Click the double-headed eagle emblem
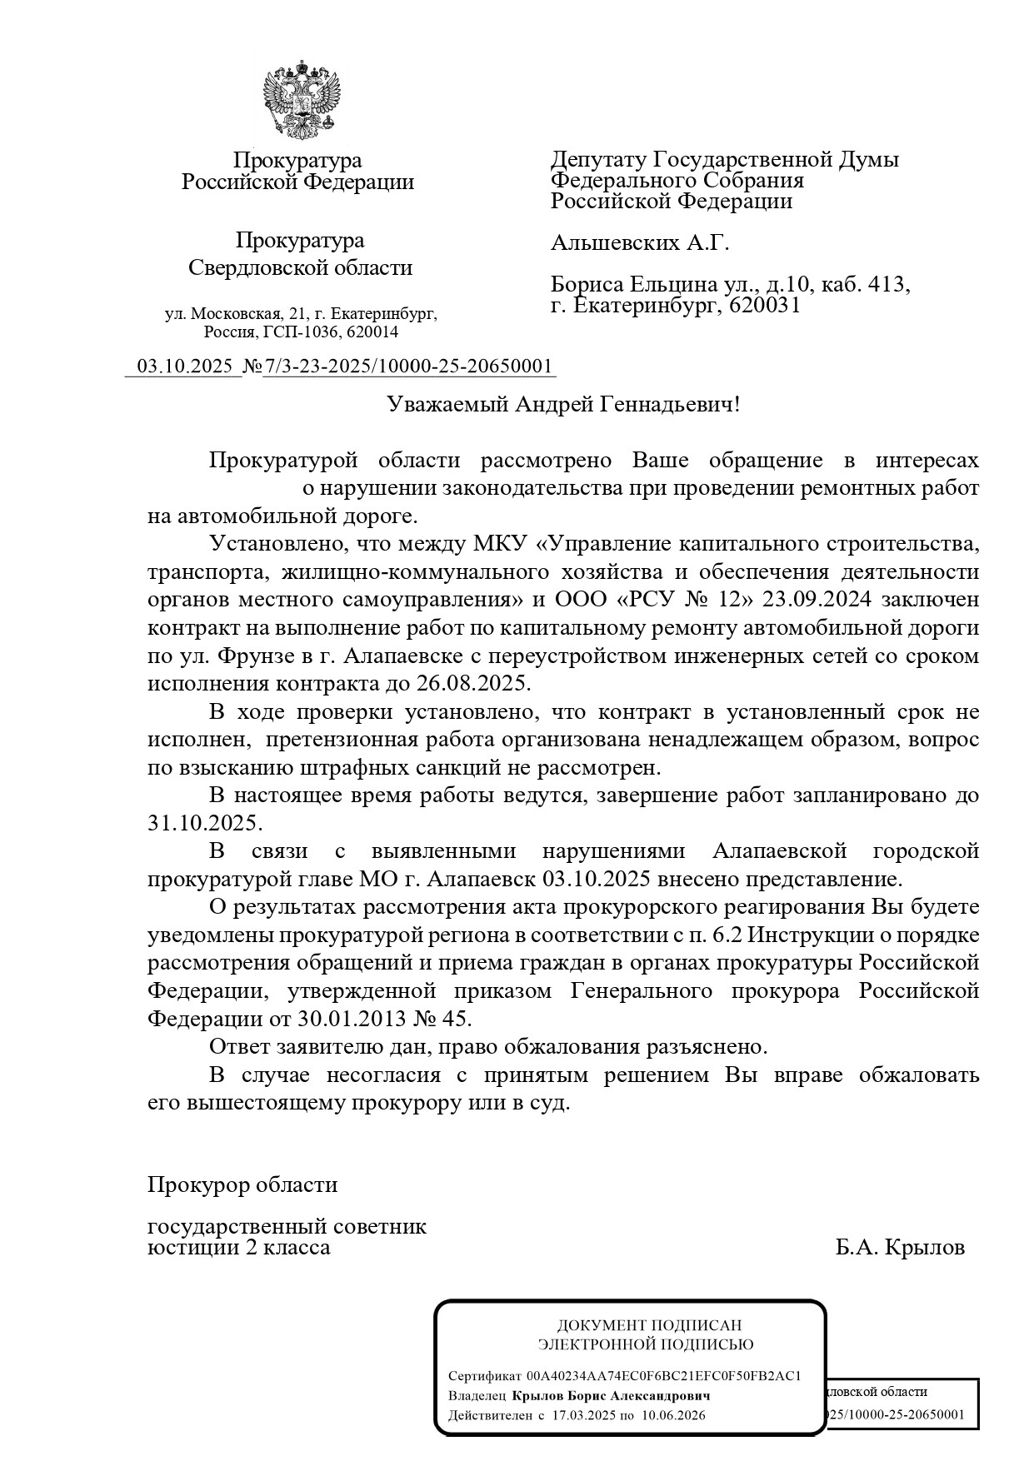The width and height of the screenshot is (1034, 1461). pos(302,98)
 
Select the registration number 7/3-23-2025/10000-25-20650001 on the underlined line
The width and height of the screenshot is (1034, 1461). pos(408,366)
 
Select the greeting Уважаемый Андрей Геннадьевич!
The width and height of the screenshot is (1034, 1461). pos(563,405)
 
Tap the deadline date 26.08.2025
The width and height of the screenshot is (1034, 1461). pos(472,684)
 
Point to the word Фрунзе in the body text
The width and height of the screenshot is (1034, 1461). pos(255,656)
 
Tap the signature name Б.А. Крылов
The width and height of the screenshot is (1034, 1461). pos(901,1247)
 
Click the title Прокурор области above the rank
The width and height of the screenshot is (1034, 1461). pos(242,1184)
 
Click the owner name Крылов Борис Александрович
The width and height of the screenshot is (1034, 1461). pos(611,1395)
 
